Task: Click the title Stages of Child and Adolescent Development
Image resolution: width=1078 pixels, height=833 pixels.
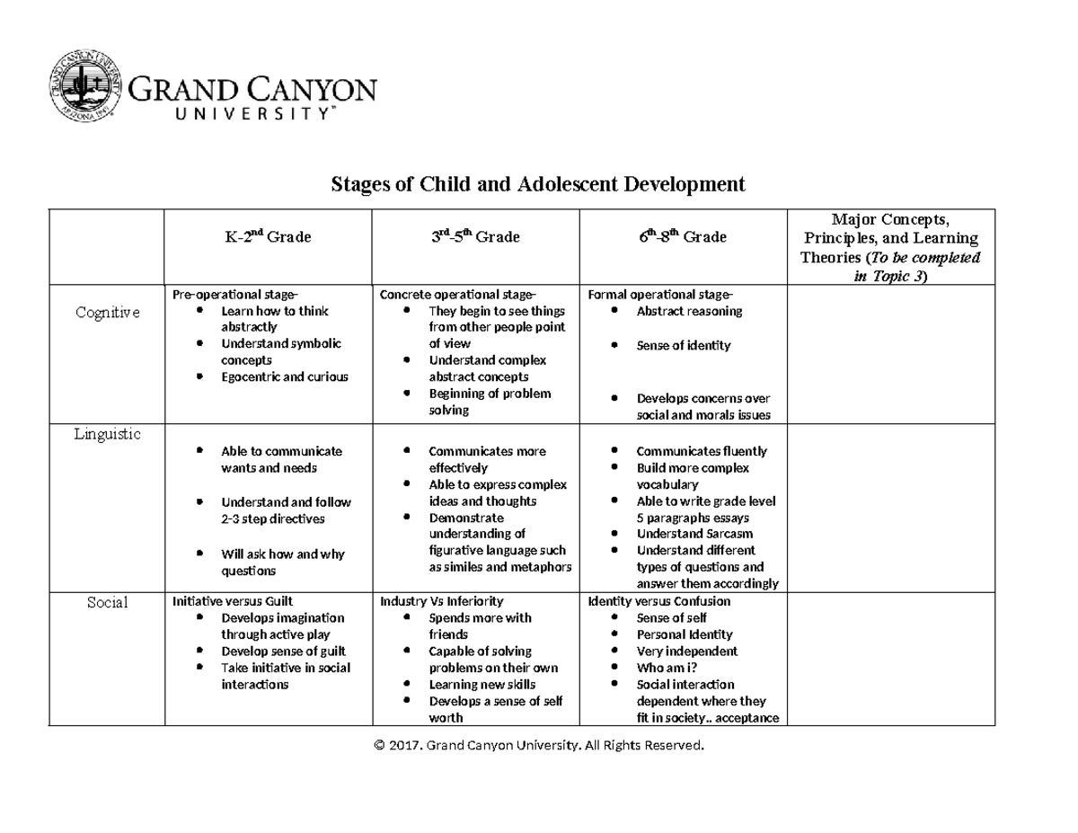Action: point(538,185)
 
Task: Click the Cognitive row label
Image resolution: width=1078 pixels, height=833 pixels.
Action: point(107,312)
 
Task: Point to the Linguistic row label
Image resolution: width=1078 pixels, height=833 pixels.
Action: point(107,434)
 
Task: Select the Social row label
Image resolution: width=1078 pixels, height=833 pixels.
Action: point(107,602)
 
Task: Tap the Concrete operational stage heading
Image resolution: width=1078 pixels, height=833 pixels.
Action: point(457,295)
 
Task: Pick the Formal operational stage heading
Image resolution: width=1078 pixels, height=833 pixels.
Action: point(660,295)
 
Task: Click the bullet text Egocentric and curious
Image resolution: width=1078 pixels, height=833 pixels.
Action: point(284,377)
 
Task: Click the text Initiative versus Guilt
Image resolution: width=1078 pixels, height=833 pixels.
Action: point(233,601)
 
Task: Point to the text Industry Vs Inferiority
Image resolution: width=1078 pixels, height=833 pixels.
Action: point(442,601)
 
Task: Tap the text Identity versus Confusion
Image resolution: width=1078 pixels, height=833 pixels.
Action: point(658,601)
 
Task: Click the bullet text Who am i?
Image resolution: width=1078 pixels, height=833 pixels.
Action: point(667,668)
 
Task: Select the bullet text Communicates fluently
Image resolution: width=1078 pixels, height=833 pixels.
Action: point(702,451)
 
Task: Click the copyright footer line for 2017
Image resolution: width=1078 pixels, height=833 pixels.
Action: point(538,746)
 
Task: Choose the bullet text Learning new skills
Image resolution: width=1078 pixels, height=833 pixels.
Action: point(483,685)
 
